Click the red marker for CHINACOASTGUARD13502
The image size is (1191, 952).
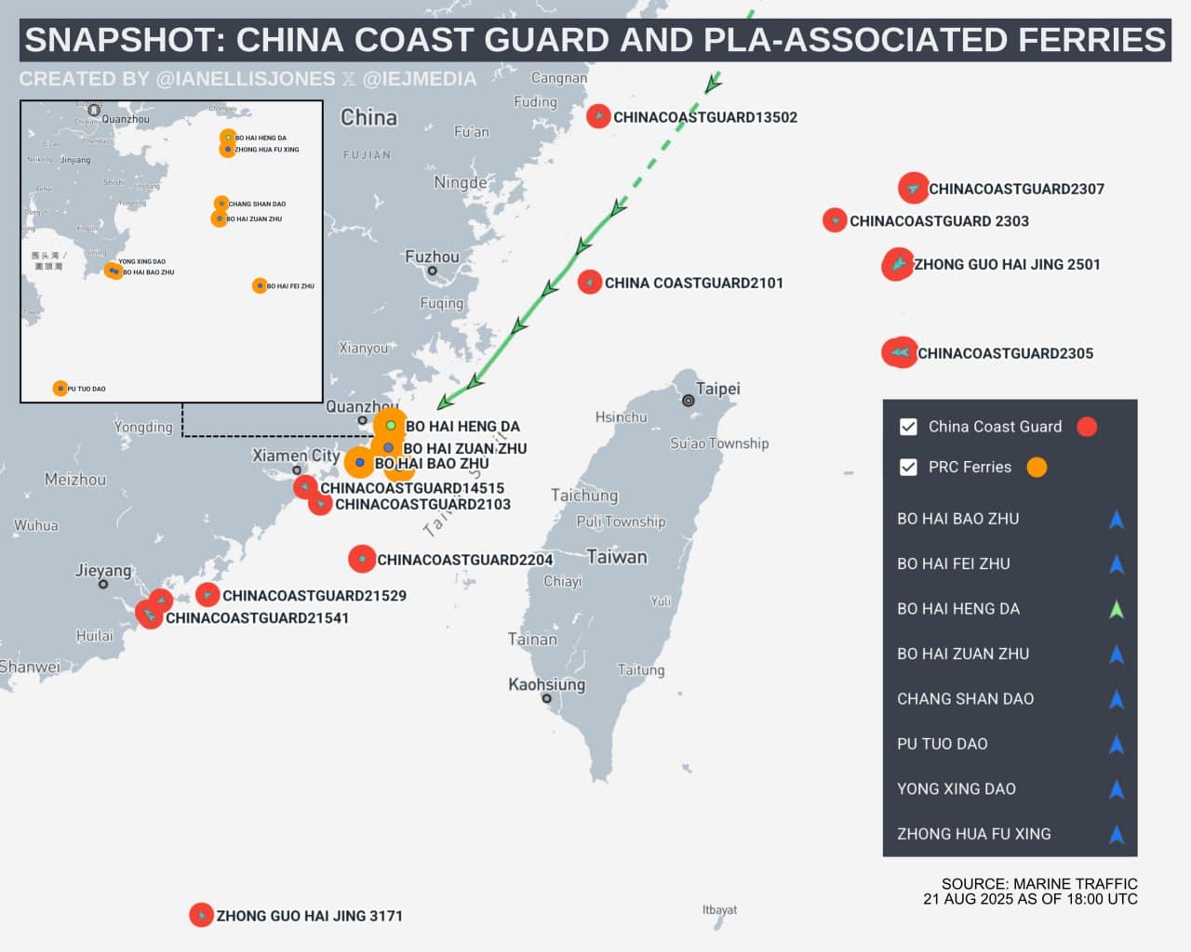tap(598, 116)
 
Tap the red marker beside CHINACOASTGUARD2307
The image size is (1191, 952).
tap(914, 188)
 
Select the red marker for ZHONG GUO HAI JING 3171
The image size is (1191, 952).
tap(201, 915)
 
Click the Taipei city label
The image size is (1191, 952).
tap(717, 389)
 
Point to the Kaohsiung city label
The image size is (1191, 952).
tap(546, 684)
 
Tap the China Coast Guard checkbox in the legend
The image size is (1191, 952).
tap(908, 427)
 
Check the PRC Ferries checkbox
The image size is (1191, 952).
tap(908, 467)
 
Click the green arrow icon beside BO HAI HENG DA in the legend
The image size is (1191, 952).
tap(1117, 609)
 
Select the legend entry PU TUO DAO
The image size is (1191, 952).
tap(943, 744)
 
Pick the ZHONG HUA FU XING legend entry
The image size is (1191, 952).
tap(973, 834)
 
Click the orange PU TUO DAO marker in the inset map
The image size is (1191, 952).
tap(60, 389)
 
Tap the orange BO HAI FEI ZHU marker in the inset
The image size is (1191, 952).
tap(260, 285)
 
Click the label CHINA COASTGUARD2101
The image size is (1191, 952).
tap(693, 283)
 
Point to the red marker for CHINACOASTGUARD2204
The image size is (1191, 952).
tap(361, 558)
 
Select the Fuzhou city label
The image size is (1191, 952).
tap(432, 257)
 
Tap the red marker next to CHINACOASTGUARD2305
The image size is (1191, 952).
tap(899, 352)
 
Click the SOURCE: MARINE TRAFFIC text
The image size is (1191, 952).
tap(1038, 884)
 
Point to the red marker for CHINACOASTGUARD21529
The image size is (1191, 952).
tap(207, 594)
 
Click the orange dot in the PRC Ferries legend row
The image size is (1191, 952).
tap(1037, 467)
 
